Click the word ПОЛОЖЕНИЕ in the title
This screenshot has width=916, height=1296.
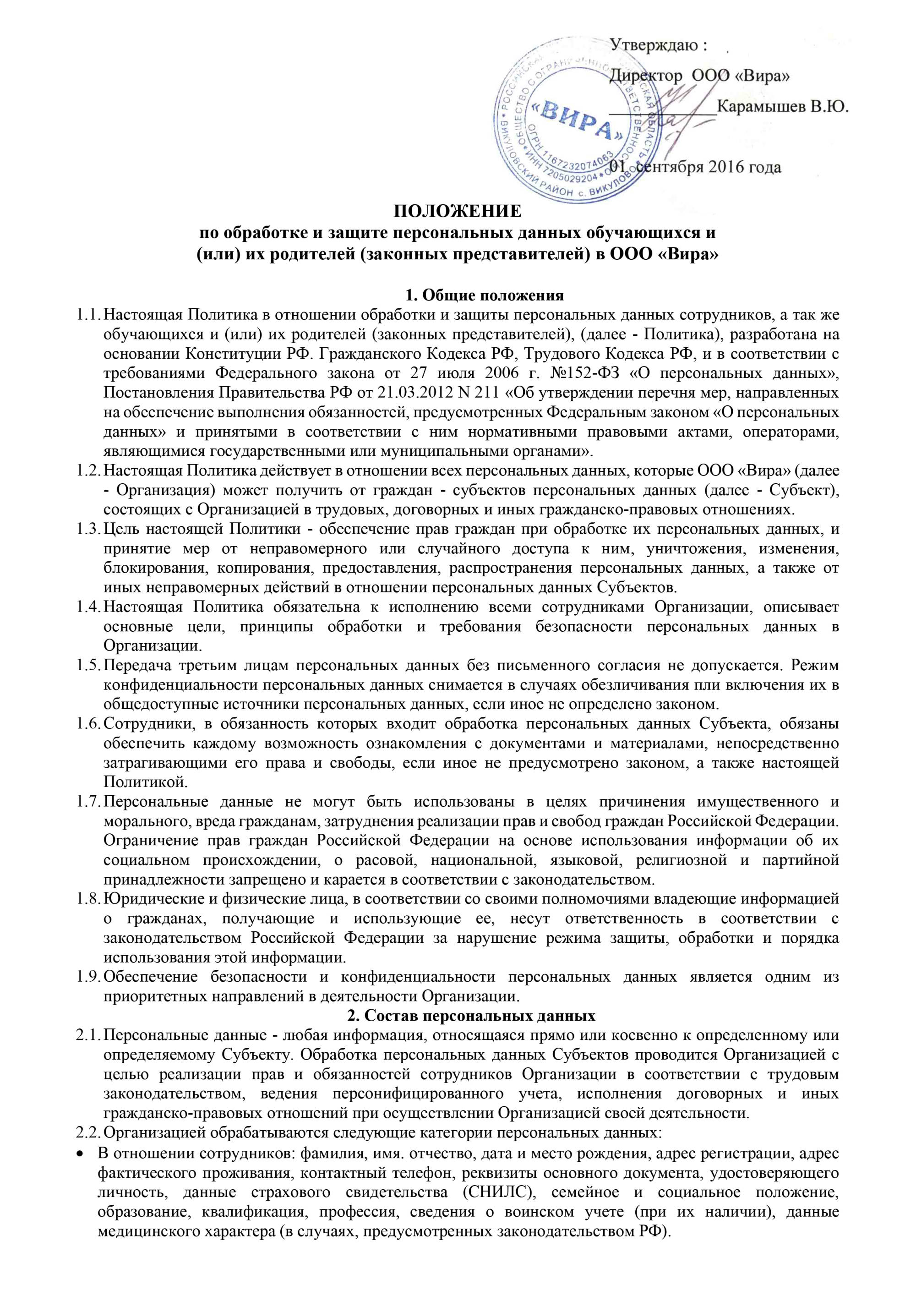[x=458, y=212]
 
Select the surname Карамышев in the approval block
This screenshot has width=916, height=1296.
[x=762, y=107]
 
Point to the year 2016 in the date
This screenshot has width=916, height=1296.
[x=731, y=167]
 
